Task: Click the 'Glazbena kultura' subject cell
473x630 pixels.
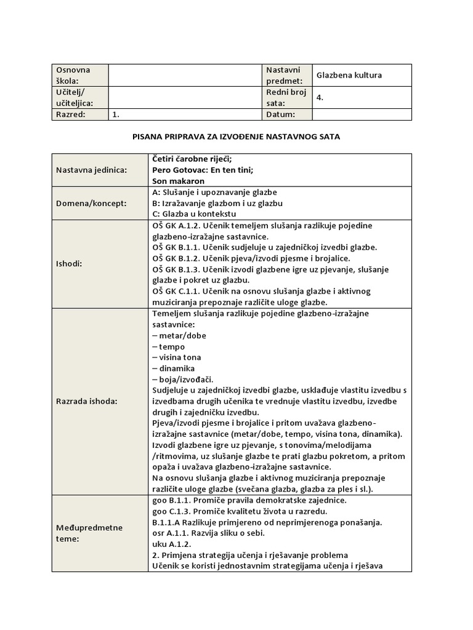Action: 349,75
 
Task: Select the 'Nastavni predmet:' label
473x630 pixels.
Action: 285,75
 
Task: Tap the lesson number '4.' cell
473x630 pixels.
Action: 320,97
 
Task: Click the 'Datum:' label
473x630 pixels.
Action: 281,114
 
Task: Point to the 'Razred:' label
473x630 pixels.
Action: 71,114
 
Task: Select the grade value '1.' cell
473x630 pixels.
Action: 116,114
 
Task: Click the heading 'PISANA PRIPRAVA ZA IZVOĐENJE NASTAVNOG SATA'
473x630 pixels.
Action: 236,137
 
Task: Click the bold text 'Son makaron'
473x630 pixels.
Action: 178,181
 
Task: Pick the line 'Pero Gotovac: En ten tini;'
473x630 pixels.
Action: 202,170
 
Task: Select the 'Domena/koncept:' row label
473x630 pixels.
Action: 91,202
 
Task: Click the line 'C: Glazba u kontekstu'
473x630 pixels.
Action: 193,213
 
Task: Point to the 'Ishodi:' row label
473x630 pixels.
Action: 68,263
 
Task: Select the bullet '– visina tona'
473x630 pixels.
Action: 176,357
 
